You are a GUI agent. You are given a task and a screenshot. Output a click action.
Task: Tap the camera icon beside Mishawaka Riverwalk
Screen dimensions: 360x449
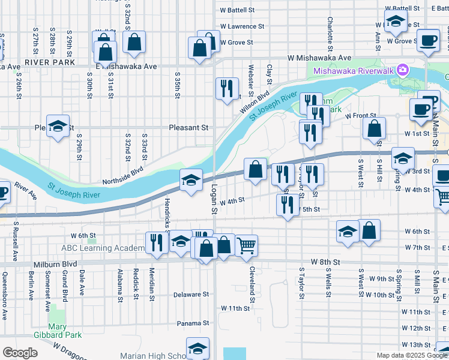(x=402, y=70)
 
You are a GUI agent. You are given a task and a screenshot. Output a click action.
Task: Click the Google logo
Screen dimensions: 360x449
(x=19, y=353)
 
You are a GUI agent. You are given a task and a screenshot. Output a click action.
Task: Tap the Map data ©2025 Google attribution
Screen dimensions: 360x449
(x=412, y=355)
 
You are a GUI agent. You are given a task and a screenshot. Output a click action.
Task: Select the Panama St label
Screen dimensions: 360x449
(x=192, y=323)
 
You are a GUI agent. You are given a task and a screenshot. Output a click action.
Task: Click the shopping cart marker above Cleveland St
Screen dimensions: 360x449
(x=246, y=245)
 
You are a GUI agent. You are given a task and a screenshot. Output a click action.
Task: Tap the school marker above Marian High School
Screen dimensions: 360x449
(x=197, y=348)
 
